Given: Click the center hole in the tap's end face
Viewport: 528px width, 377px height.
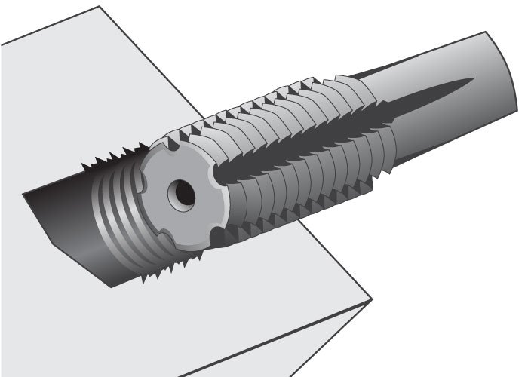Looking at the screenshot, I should (182, 194).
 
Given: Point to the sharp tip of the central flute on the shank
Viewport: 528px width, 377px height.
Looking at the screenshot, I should (474, 79).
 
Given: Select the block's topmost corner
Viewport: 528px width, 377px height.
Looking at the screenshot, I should (100, 7).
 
